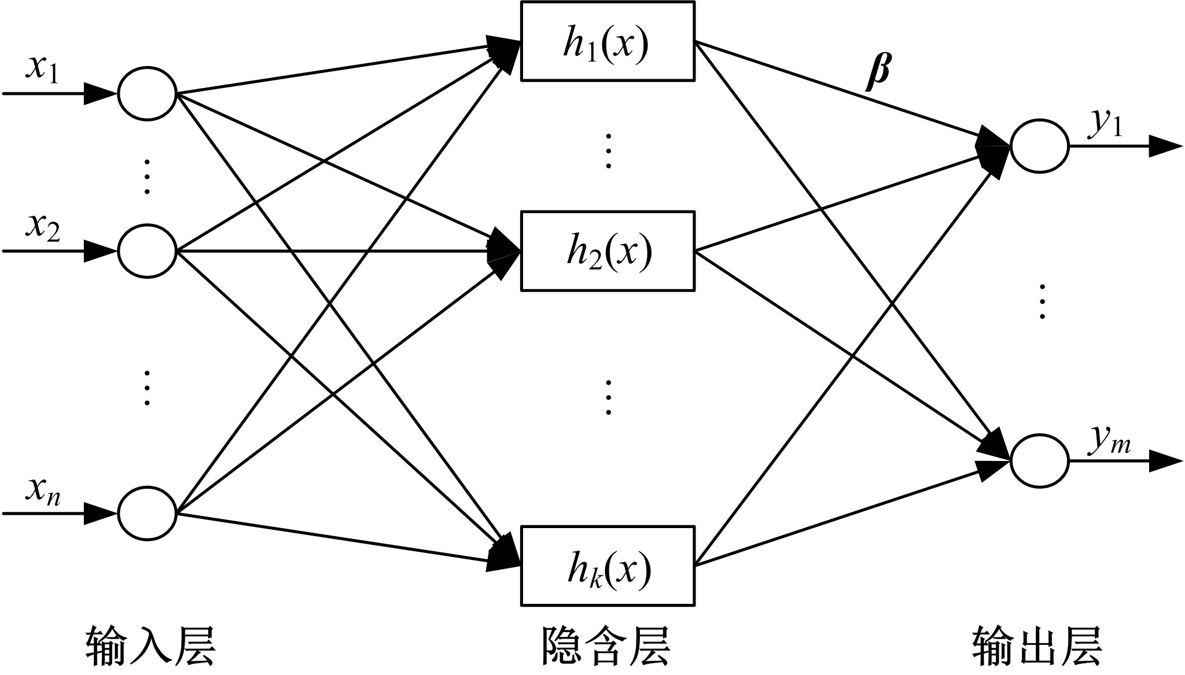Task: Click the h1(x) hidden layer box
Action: coord(608,41)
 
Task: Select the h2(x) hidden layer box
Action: coord(608,251)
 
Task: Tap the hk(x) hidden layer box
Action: coord(608,566)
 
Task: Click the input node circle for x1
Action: coord(147,94)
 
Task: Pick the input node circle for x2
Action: coord(147,252)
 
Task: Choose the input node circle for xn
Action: coord(147,514)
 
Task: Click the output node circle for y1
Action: coord(1039,146)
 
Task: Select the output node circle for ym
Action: coord(1039,461)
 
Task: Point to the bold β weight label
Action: coord(878,72)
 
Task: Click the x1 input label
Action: coord(42,70)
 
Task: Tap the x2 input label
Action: coord(42,227)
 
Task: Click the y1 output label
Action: coord(1105,123)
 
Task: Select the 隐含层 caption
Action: coord(606,646)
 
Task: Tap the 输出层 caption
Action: coord(1036,646)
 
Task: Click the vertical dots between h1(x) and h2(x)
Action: coord(608,151)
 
